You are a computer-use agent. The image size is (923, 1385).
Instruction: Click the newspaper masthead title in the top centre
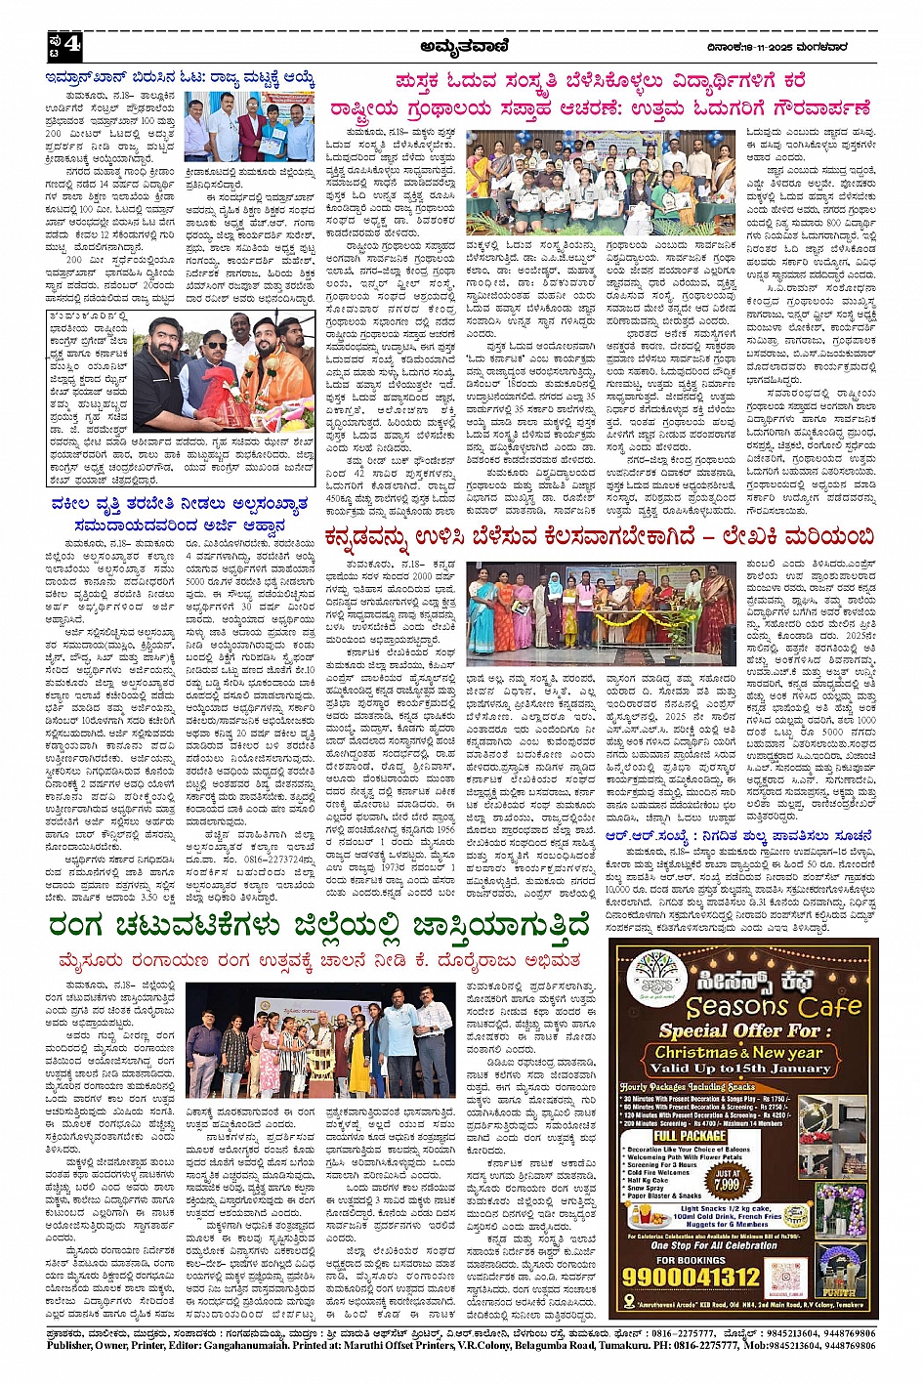[460, 45]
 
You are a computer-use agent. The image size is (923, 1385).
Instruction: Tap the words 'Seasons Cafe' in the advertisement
[774, 1006]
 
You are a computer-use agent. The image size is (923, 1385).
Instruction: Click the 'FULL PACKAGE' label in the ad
[690, 1136]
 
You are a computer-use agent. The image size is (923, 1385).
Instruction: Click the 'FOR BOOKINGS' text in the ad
[691, 1259]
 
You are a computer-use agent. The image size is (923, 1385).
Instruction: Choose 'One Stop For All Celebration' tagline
[713, 1245]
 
